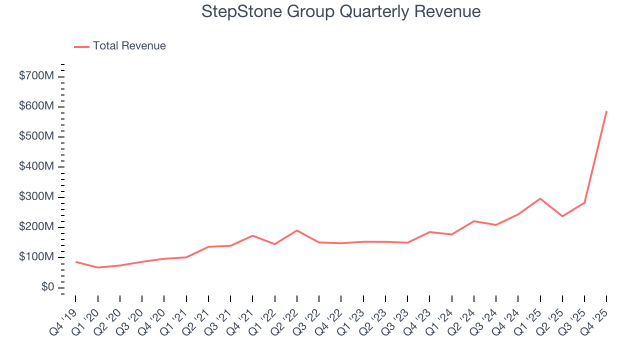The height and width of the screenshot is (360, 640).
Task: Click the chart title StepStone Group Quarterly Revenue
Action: tap(341, 11)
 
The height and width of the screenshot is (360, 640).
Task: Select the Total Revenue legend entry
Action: tap(129, 46)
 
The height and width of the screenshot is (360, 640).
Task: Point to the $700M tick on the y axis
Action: tap(36, 76)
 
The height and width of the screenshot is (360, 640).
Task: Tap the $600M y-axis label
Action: tap(36, 106)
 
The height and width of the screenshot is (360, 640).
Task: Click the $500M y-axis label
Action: tap(36, 136)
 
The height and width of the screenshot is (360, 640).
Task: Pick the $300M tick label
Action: tap(36, 197)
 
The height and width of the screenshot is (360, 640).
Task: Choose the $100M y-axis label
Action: tap(36, 257)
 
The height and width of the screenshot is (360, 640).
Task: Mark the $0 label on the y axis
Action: tap(48, 287)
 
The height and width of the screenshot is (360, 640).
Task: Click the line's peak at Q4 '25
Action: tap(606, 111)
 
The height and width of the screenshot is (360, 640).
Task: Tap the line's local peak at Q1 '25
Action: tap(540, 198)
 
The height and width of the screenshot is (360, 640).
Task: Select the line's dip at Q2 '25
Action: tap(562, 216)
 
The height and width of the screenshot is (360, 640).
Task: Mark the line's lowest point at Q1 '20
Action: tap(98, 267)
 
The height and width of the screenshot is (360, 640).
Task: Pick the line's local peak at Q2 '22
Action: tap(297, 230)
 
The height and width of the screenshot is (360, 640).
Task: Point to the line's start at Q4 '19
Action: tap(76, 262)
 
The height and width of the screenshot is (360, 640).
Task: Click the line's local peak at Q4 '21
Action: tap(252, 235)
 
